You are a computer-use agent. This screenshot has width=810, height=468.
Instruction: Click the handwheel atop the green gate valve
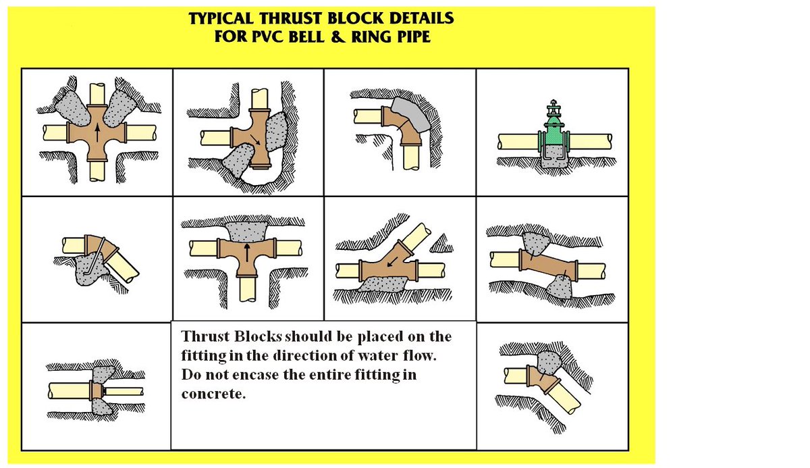tap(554, 107)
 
